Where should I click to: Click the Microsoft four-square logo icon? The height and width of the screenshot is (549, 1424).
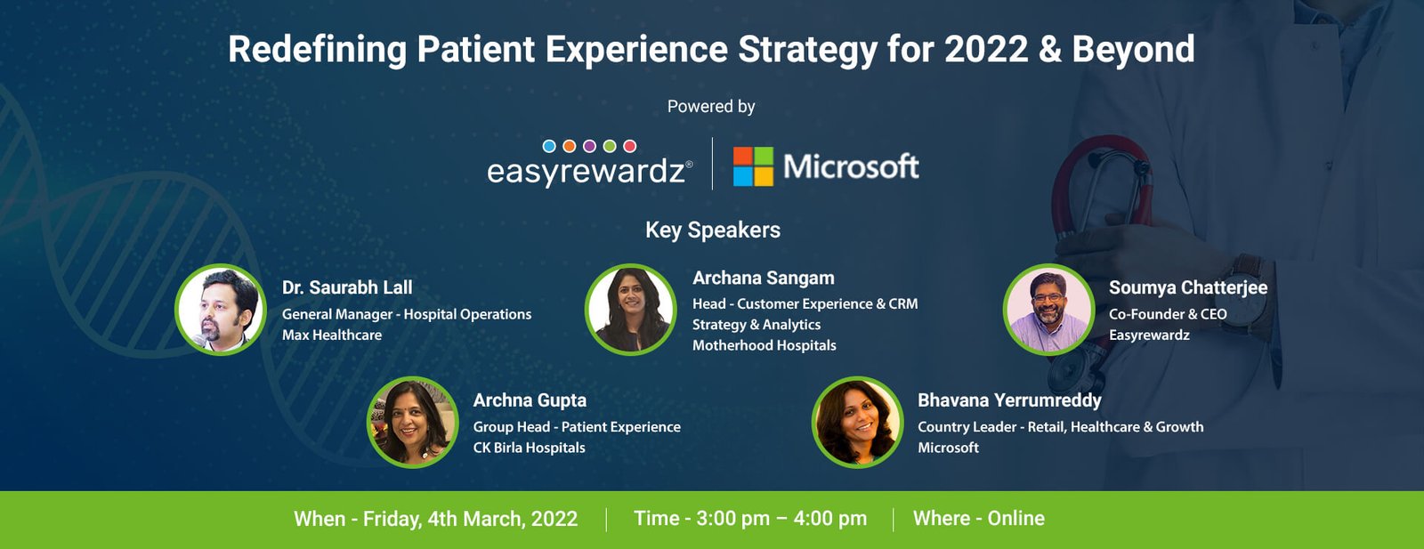pyautogui.click(x=753, y=166)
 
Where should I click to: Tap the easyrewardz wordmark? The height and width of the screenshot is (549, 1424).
pyautogui.click(x=586, y=171)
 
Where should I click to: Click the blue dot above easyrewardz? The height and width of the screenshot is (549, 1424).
pyautogui.click(x=549, y=146)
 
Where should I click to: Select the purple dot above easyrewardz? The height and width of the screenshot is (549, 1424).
pyautogui.click(x=589, y=146)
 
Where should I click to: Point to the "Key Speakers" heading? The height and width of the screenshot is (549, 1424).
pyautogui.click(x=712, y=230)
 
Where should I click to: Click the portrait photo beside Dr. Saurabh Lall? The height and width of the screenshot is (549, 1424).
pyautogui.click(x=221, y=310)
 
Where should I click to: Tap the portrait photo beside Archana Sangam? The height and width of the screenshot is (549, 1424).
pyautogui.click(x=630, y=309)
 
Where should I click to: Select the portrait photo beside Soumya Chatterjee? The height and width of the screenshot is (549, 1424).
pyautogui.click(x=1048, y=310)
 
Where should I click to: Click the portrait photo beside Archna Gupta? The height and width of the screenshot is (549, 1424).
pyautogui.click(x=412, y=422)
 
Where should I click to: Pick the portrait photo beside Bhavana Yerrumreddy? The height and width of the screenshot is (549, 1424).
pyautogui.click(x=857, y=422)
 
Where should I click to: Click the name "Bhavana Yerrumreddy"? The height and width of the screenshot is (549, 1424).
pyautogui.click(x=1009, y=400)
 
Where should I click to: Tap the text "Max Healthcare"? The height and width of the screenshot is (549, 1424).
pyautogui.click(x=332, y=335)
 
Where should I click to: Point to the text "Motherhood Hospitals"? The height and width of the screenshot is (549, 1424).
pyautogui.click(x=764, y=345)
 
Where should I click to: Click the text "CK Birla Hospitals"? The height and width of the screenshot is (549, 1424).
pyautogui.click(x=529, y=448)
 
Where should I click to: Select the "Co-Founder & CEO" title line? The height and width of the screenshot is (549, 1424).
pyautogui.click(x=1168, y=314)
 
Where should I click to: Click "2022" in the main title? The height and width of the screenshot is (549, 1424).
pyautogui.click(x=985, y=49)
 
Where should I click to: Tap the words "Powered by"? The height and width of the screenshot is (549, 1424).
pyautogui.click(x=711, y=107)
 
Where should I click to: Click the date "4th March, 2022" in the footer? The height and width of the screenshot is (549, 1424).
pyautogui.click(x=503, y=519)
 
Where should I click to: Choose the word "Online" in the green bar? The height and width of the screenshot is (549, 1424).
pyautogui.click(x=1015, y=518)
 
